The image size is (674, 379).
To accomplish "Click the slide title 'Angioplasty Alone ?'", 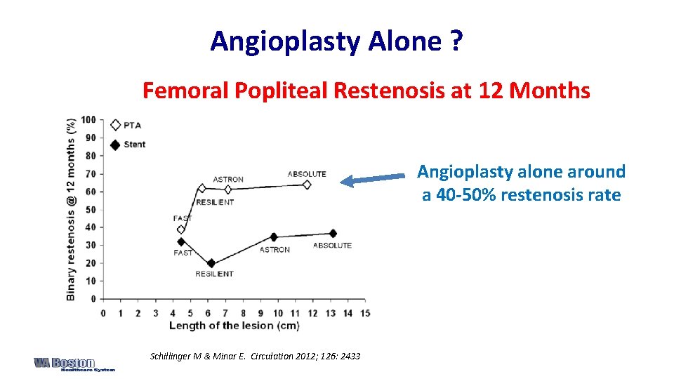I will pyautogui.click(x=336, y=41).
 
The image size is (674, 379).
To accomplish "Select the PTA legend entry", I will pyautogui.click(x=126, y=125).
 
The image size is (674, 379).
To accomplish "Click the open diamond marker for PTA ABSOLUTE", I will pyautogui.click(x=306, y=185).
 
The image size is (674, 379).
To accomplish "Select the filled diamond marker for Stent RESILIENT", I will pyautogui.click(x=211, y=264).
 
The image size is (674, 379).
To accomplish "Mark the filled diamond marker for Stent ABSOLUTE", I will pyautogui.click(x=332, y=233).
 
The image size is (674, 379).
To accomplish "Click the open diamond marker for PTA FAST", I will pyautogui.click(x=181, y=230).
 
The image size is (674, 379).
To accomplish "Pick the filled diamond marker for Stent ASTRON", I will pyautogui.click(x=274, y=237).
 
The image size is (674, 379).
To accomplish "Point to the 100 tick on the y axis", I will pyautogui.click(x=88, y=119).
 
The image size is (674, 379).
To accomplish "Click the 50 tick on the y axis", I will pyautogui.click(x=90, y=209).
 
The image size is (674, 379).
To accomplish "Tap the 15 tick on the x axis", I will pyautogui.click(x=365, y=313).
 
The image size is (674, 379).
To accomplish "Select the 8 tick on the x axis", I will pyautogui.click(x=243, y=313).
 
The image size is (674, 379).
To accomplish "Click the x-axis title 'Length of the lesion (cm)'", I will pyautogui.click(x=234, y=326).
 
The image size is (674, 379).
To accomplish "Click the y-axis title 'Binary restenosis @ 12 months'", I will pyautogui.click(x=71, y=209).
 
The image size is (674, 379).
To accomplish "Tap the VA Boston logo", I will pyautogui.click(x=74, y=364).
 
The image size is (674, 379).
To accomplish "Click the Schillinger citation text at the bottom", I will pyautogui.click(x=255, y=357).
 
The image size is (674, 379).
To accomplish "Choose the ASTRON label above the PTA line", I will pyautogui.click(x=228, y=179).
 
